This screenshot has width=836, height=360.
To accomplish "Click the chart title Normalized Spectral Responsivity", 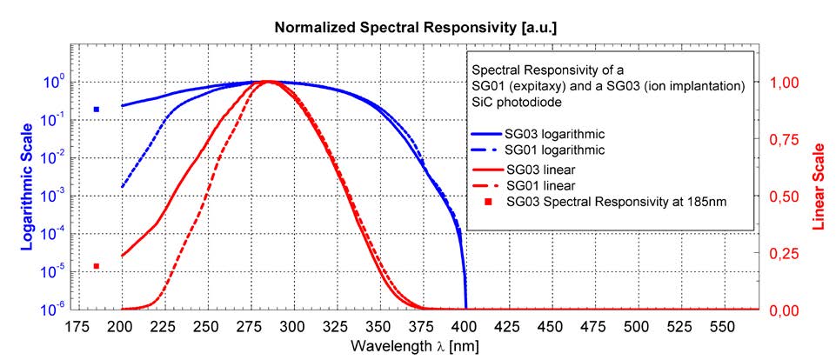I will click(x=416, y=28).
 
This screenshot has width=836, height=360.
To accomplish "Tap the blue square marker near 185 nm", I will click(x=97, y=110).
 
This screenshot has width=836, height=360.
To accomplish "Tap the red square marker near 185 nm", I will click(x=97, y=266).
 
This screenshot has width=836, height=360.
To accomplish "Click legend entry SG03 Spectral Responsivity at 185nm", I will click(x=609, y=203).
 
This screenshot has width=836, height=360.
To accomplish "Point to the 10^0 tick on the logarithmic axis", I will click(x=52, y=83).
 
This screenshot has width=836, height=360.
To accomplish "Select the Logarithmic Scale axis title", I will click(x=28, y=196).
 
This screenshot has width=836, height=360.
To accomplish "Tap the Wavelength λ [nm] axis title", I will click(x=416, y=346).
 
